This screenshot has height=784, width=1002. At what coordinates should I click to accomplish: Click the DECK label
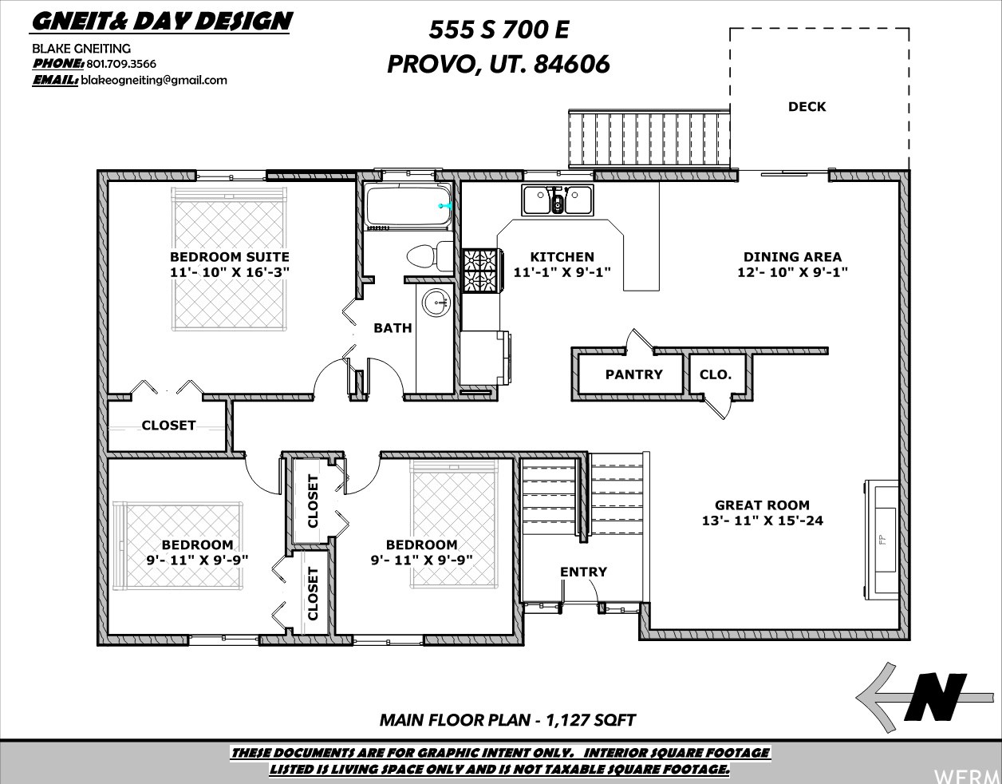[x=807, y=107]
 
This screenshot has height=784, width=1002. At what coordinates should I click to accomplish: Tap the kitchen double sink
[x=558, y=200]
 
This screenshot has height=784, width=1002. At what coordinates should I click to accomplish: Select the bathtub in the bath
[x=408, y=205]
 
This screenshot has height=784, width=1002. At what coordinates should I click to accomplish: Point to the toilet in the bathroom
[x=430, y=256]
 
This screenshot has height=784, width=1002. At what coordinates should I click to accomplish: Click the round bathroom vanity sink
[x=436, y=303]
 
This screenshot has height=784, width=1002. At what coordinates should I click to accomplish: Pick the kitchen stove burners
[x=481, y=271]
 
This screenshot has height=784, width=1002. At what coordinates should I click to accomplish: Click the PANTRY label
[x=634, y=374]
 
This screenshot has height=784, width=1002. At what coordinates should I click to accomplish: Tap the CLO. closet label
[x=716, y=374]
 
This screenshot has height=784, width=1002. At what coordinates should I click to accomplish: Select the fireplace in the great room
[x=882, y=540]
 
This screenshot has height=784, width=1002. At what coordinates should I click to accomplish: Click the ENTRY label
[x=583, y=572]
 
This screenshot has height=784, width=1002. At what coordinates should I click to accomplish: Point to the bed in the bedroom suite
[x=229, y=259]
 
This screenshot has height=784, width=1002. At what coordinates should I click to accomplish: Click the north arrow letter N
[x=935, y=703]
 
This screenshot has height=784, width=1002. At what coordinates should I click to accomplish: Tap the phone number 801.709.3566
[x=121, y=64]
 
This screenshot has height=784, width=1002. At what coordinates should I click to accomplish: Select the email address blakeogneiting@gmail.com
[x=154, y=81]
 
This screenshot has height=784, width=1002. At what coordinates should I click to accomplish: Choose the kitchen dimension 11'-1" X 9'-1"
[x=562, y=271]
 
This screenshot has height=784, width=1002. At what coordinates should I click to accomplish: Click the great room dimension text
[x=762, y=521]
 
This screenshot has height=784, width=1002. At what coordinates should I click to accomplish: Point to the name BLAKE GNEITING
[x=81, y=49]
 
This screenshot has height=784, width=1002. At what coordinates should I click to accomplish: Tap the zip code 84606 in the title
[x=572, y=64]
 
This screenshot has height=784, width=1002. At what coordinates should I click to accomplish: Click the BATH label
[x=393, y=328]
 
